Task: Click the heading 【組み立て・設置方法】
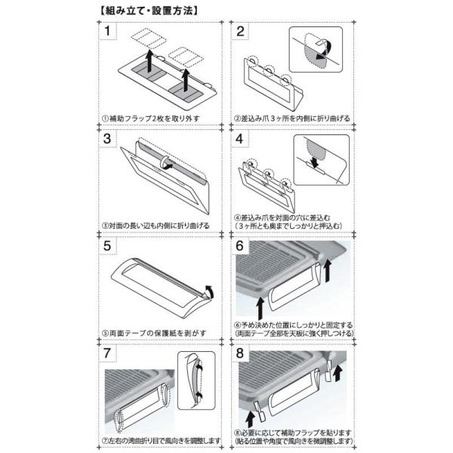pyautogui.click(x=149, y=11)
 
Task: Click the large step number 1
pyautogui.click(x=107, y=31)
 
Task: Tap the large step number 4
pyautogui.click(x=239, y=139)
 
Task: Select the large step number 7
pyautogui.click(x=107, y=353)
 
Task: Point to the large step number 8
pyautogui.click(x=239, y=353)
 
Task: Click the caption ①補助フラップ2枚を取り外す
pyautogui.click(x=150, y=119)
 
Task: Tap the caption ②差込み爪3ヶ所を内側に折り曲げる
pyautogui.click(x=291, y=119)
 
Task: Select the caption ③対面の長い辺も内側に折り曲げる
pyautogui.click(x=156, y=226)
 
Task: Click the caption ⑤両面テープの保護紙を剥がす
pyautogui.click(x=154, y=333)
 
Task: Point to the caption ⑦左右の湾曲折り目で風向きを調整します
pyautogui.click(x=162, y=441)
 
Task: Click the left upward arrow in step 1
pyautogui.click(x=149, y=61)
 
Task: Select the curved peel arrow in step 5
pyautogui.click(x=210, y=291)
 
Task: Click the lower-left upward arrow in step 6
pyautogui.click(x=260, y=308)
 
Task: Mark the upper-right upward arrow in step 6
pyautogui.click(x=327, y=270)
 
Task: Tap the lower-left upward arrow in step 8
pyautogui.click(x=250, y=418)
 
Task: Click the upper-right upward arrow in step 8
pyautogui.click(x=337, y=373)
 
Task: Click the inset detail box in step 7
pyautogui.click(x=196, y=381)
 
